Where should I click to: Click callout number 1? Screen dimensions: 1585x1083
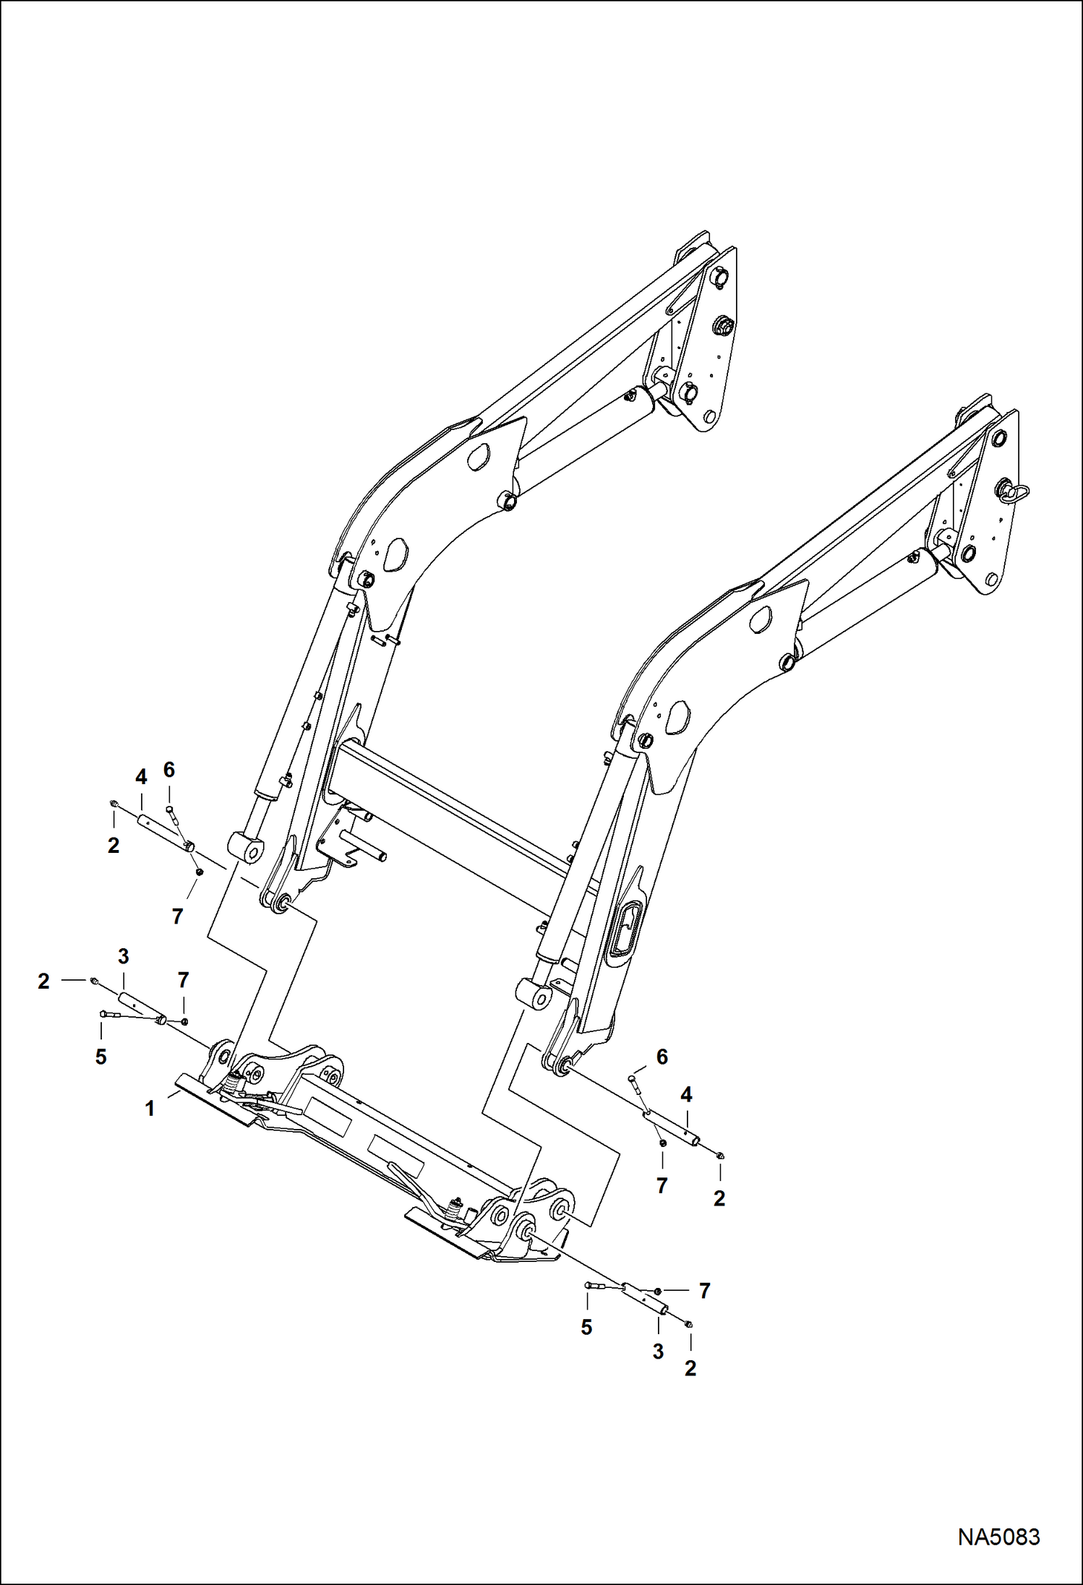150,1108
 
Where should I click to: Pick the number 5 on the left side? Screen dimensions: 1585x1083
100,1057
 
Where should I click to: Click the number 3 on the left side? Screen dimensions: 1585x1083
124,956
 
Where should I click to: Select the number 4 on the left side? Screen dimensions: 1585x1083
141,778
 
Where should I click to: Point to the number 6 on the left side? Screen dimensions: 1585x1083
168,770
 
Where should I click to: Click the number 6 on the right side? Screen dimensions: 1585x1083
662,1057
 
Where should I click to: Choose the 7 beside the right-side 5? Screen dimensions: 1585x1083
704,1290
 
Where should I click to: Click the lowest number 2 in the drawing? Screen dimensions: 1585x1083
690,1368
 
